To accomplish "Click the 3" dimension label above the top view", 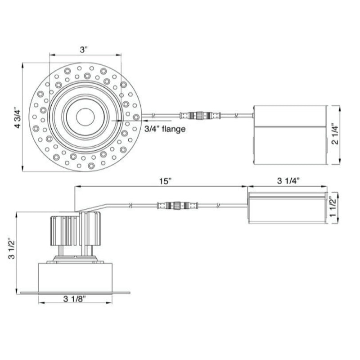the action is coord(84,50).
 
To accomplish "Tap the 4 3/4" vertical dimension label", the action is coord(18,117).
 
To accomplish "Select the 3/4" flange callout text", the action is coord(165,129).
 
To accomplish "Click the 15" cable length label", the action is coord(166,181).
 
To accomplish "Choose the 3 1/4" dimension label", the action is coord(288,181).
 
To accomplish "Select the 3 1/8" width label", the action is coord(75,299).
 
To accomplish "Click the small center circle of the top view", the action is coord(85,117).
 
